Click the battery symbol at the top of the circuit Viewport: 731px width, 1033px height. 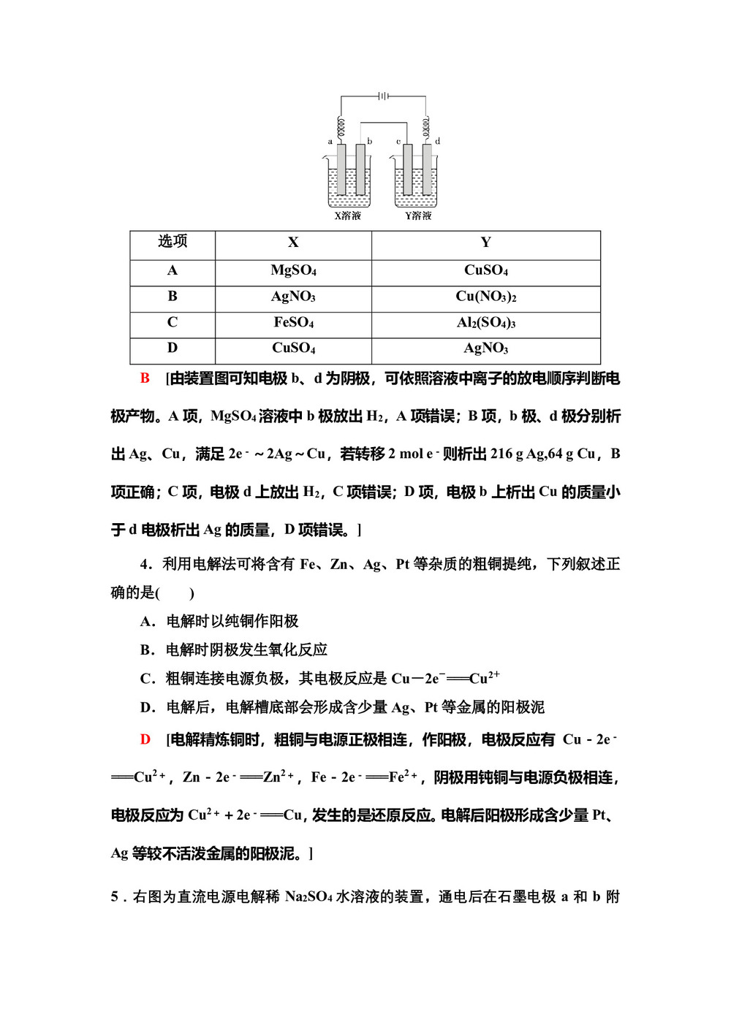click(382, 96)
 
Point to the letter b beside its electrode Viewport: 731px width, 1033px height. click(370, 141)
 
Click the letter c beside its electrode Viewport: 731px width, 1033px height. click(398, 141)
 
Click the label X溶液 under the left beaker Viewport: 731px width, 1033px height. click(347, 216)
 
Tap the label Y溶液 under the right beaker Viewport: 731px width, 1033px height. click(418, 216)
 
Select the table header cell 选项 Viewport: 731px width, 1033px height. click(173, 242)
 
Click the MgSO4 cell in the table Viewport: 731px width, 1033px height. click(293, 270)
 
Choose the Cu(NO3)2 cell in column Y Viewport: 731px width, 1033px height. click(485, 297)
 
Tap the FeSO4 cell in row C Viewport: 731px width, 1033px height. click(293, 323)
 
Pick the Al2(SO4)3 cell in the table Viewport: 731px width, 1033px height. click(485, 323)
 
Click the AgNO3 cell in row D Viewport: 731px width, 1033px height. click(485, 348)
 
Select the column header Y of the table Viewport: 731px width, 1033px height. click(485, 243)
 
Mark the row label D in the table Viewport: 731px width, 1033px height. click(173, 348)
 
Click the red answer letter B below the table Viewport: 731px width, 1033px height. click(145, 378)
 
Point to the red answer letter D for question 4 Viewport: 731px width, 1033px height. click(145, 740)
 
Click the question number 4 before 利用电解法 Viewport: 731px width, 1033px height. click(145, 565)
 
